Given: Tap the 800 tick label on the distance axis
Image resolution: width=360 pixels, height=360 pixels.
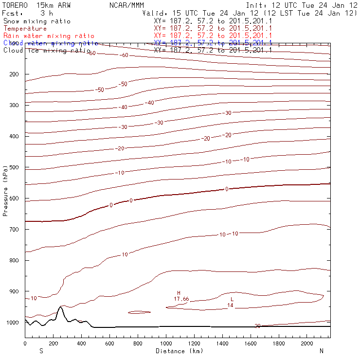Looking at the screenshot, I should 138,343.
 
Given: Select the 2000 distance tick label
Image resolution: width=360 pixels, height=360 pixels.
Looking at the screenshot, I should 307,343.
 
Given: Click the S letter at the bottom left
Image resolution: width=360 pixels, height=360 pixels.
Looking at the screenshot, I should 41,351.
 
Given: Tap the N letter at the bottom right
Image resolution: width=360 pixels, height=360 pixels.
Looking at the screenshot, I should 322,351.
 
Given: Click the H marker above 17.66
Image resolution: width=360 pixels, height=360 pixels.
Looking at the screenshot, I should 179,293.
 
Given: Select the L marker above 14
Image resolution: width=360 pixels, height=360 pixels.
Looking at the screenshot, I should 232,299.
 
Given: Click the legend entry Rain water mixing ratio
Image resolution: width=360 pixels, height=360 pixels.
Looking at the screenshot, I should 49,36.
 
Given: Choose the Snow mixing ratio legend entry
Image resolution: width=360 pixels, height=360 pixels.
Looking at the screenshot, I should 37,21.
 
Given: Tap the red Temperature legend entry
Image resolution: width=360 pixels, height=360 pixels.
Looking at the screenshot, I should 25,29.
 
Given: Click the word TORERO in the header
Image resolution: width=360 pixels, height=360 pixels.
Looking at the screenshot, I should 14,5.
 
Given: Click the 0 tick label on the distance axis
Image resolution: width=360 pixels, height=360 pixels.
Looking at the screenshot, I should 25,343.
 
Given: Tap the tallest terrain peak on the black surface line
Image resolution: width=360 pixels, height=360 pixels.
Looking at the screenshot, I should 60,306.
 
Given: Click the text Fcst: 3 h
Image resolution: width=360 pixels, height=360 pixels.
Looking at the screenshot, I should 28,13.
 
